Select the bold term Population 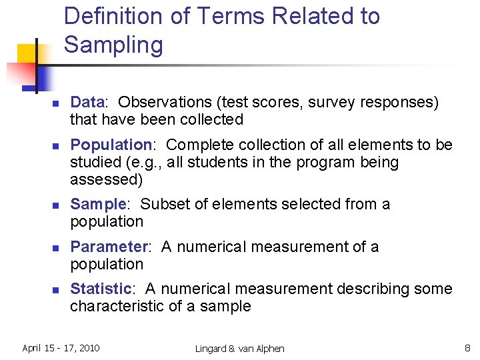(111, 145)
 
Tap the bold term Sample (97, 204)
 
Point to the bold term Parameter (108, 247)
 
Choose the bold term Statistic (101, 289)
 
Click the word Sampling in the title (113, 45)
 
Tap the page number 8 (467, 347)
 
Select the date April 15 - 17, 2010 (61, 347)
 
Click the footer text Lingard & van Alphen (239, 348)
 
